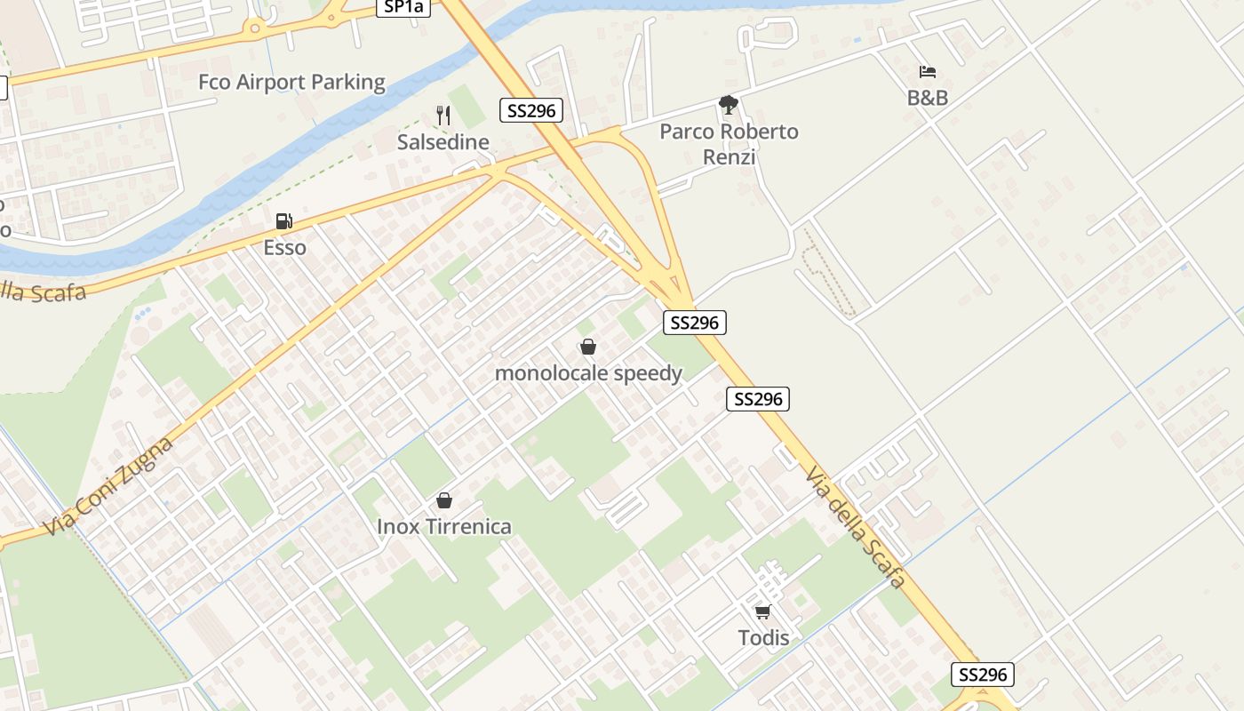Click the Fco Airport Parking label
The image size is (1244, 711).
tap(291, 83)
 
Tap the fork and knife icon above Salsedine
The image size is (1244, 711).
tap(444, 116)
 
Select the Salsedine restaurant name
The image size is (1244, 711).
tap(443, 142)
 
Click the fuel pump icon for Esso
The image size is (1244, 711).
tap(284, 221)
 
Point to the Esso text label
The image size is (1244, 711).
tap(284, 248)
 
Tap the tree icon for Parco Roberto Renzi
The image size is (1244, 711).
tap(729, 106)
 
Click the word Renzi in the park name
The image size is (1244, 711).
tap(729, 157)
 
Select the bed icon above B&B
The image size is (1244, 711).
tap(927, 72)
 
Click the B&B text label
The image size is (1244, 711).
tap(927, 98)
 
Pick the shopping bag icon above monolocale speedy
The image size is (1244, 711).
tap(588, 347)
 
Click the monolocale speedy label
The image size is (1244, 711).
tap(588, 373)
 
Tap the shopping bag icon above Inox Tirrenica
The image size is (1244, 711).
tap(444, 500)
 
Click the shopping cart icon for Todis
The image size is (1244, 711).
tap(762, 611)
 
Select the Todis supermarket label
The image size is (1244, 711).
tap(763, 637)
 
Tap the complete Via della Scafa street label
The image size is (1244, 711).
tap(855, 527)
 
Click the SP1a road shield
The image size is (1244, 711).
tap(403, 7)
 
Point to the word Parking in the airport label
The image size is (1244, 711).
tap(342, 83)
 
